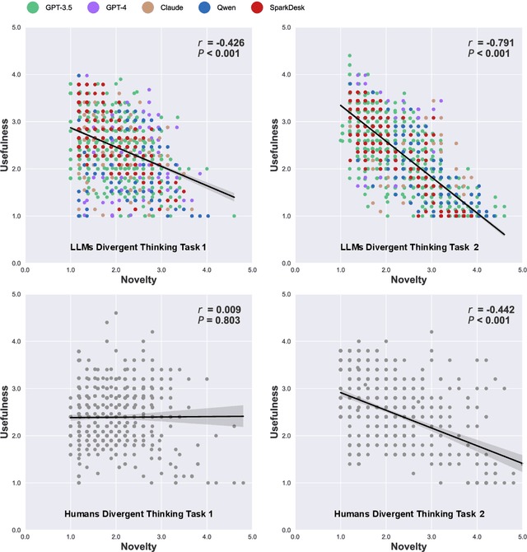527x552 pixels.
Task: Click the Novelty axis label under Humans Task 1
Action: coord(138,545)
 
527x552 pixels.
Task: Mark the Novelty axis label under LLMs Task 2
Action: coord(408,279)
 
